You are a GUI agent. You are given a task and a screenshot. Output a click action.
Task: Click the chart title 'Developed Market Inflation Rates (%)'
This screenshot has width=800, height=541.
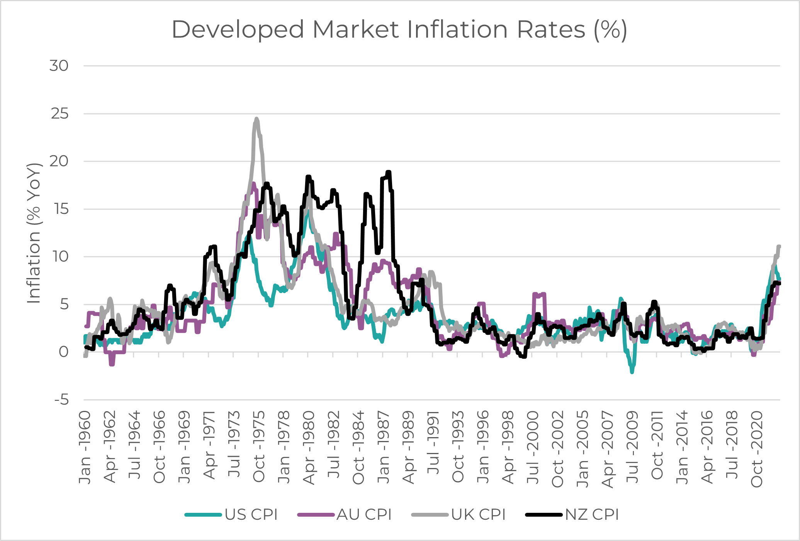(399, 30)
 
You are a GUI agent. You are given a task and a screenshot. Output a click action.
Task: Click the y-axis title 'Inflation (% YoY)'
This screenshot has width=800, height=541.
(34, 233)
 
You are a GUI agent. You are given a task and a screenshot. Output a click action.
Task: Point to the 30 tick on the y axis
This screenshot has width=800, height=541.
(59, 66)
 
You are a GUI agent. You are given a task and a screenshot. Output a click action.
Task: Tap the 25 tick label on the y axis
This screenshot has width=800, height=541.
(59, 114)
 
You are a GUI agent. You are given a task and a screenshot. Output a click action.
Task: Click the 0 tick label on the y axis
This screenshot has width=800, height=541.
(64, 352)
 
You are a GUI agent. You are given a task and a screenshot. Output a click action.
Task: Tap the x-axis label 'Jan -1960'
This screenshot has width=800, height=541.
(85, 448)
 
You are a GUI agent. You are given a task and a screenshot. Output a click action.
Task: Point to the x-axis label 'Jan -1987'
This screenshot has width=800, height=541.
(383, 448)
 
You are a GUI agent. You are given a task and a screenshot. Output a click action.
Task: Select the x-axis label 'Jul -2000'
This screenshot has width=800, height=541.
(533, 448)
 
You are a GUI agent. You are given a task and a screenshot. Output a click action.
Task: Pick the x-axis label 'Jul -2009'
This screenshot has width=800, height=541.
(632, 448)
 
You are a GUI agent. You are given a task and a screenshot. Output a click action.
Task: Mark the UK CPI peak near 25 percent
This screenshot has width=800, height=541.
(256, 119)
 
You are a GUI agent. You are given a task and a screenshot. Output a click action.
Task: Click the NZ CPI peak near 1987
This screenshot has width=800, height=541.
(389, 172)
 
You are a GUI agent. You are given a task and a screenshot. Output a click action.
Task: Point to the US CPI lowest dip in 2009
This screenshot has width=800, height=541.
(632, 372)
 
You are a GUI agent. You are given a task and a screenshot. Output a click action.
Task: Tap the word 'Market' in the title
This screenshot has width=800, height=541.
(355, 30)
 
